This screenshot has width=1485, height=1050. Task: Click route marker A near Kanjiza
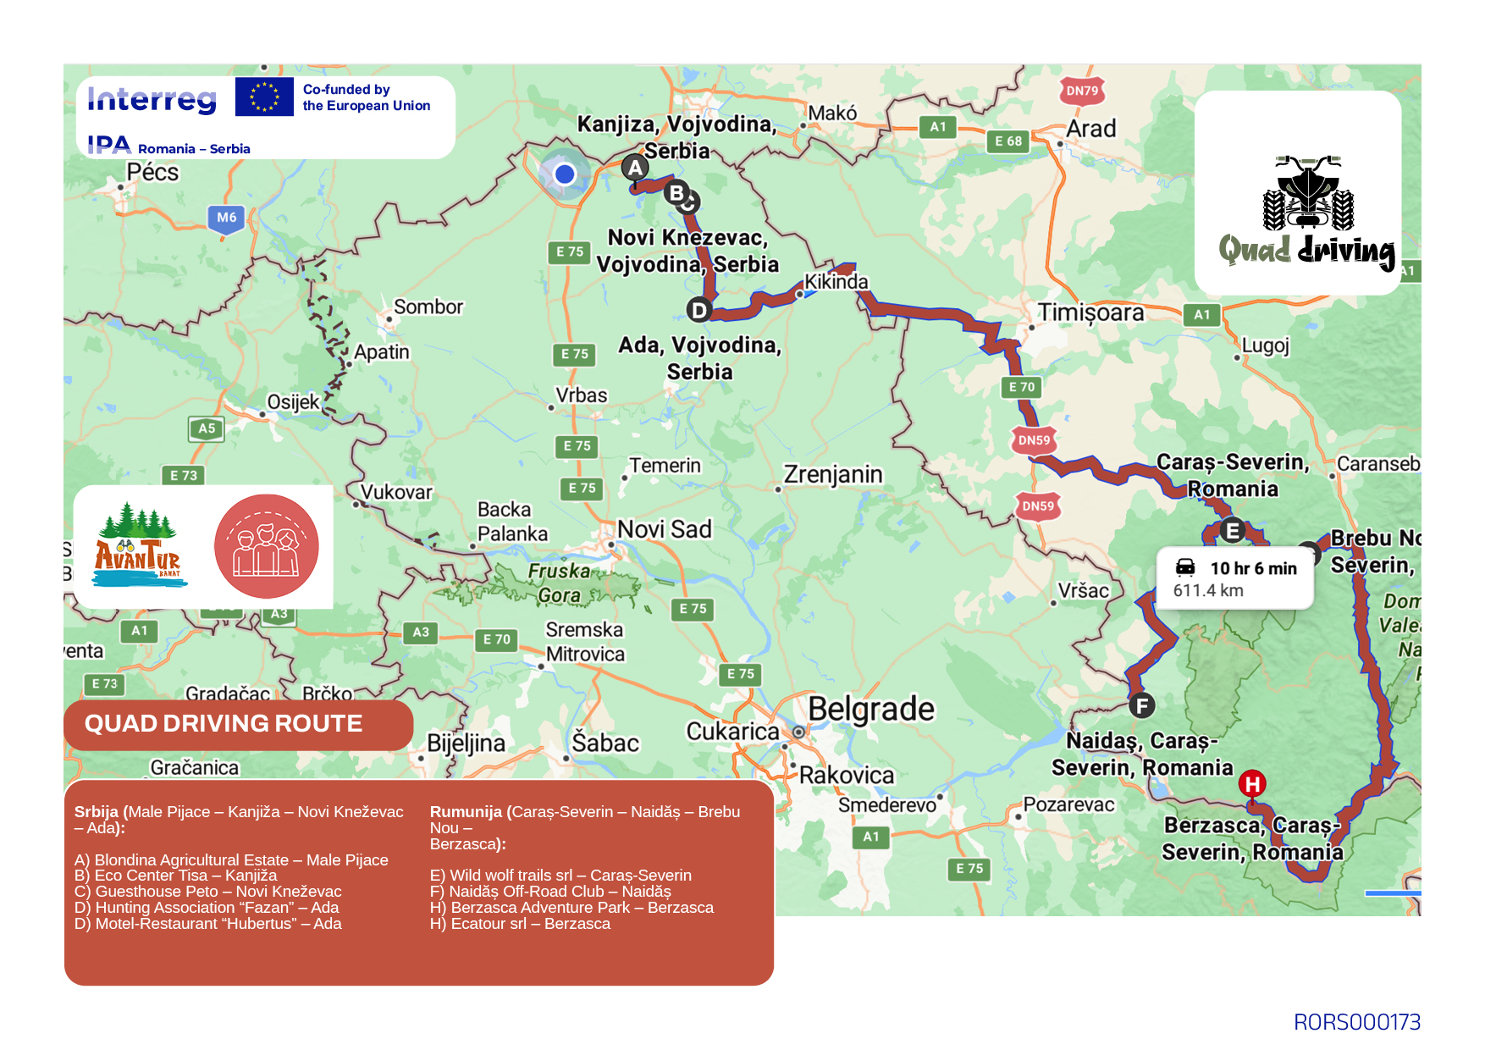[x=635, y=168]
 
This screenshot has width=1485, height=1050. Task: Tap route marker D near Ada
[x=698, y=310]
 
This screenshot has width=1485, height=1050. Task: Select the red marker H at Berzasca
[x=1252, y=783]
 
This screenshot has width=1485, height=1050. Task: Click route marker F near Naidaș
[x=1142, y=705]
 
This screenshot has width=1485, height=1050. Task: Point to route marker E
[x=1233, y=531]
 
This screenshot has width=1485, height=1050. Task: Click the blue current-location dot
[x=565, y=174]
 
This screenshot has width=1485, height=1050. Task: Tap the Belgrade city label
[x=870, y=709]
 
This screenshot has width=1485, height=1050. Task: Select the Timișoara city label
[x=1090, y=312]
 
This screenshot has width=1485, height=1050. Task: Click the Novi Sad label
[x=665, y=529]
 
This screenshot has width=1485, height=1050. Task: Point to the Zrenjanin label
[x=833, y=474]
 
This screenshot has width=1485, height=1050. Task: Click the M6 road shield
[x=226, y=218]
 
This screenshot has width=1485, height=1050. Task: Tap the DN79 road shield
[x=1081, y=91]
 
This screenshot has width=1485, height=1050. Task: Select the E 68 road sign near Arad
[x=1007, y=141]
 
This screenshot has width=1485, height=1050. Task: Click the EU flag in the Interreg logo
[x=264, y=97]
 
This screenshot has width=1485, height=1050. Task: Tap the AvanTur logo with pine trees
[x=138, y=546]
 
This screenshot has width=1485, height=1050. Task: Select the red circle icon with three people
[x=267, y=546]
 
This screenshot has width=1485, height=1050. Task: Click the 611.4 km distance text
[x=1208, y=590]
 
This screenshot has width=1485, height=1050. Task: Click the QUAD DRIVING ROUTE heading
[x=224, y=723]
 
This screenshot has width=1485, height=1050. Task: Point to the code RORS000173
[x=1356, y=1022]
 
